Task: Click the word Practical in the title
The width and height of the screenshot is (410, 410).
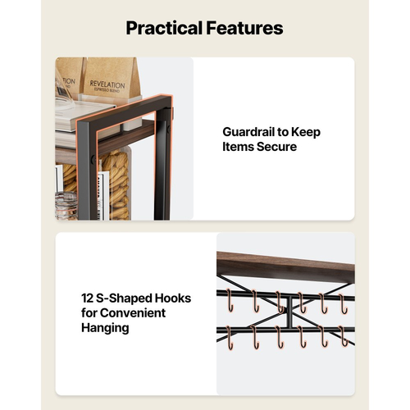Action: point(164,29)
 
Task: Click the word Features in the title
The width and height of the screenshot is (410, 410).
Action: point(244,28)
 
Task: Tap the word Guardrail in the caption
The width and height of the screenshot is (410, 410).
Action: point(248,132)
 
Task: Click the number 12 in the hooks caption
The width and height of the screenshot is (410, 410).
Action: point(88,298)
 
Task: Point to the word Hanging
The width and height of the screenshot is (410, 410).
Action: point(105,328)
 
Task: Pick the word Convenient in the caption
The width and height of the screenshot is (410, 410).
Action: point(133,313)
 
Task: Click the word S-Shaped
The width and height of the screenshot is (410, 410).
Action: point(124,298)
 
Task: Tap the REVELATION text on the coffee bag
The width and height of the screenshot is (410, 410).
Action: point(107,84)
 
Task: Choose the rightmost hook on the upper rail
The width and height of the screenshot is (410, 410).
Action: point(343,303)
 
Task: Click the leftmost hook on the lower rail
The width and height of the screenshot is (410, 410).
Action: point(230,338)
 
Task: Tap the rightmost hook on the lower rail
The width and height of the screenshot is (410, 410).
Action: point(344,336)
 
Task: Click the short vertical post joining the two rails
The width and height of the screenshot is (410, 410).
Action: point(289,312)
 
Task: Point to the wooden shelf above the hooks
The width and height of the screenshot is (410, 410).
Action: point(285,266)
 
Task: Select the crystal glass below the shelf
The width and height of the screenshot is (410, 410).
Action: point(66,206)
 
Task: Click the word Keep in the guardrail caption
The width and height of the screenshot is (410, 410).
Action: point(305,132)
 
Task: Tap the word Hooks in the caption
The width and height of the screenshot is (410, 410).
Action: point(173,298)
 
